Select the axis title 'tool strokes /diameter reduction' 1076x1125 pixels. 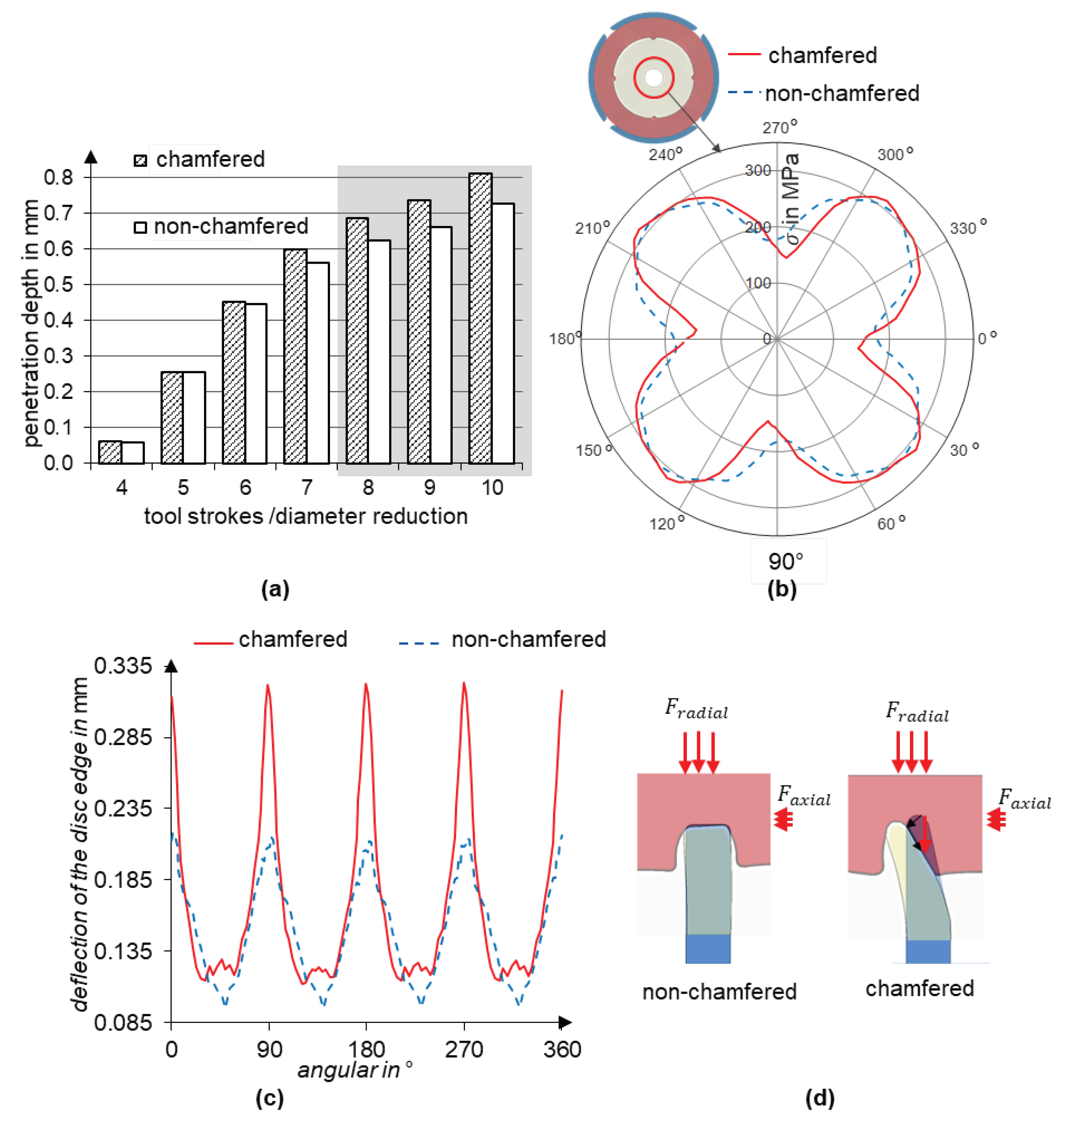click(306, 516)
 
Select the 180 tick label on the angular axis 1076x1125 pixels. click(366, 1049)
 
